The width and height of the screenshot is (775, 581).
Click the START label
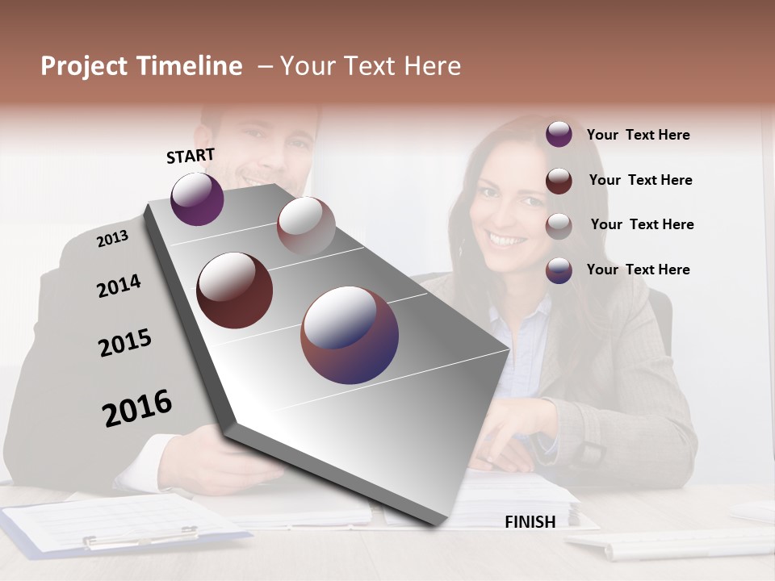point(191,156)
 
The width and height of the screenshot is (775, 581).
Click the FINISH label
point(530,522)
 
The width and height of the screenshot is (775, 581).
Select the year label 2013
point(112,239)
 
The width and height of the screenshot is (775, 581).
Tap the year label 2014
point(119,286)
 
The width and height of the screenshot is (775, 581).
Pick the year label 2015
point(125,343)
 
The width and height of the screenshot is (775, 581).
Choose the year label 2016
point(137,408)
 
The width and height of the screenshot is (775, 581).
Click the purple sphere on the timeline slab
point(197,199)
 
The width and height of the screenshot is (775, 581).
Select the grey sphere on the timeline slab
point(306,226)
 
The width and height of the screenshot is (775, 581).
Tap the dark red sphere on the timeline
point(235,290)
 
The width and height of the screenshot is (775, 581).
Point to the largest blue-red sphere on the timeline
point(350,335)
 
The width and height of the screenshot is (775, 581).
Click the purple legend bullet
point(559,135)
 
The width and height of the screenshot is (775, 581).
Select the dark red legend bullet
point(559,181)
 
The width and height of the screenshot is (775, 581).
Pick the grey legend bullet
point(559,226)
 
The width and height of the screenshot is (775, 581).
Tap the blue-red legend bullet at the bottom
point(559,270)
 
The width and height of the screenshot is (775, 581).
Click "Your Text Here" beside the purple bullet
point(638,135)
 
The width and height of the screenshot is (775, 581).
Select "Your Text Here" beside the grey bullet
point(642,224)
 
